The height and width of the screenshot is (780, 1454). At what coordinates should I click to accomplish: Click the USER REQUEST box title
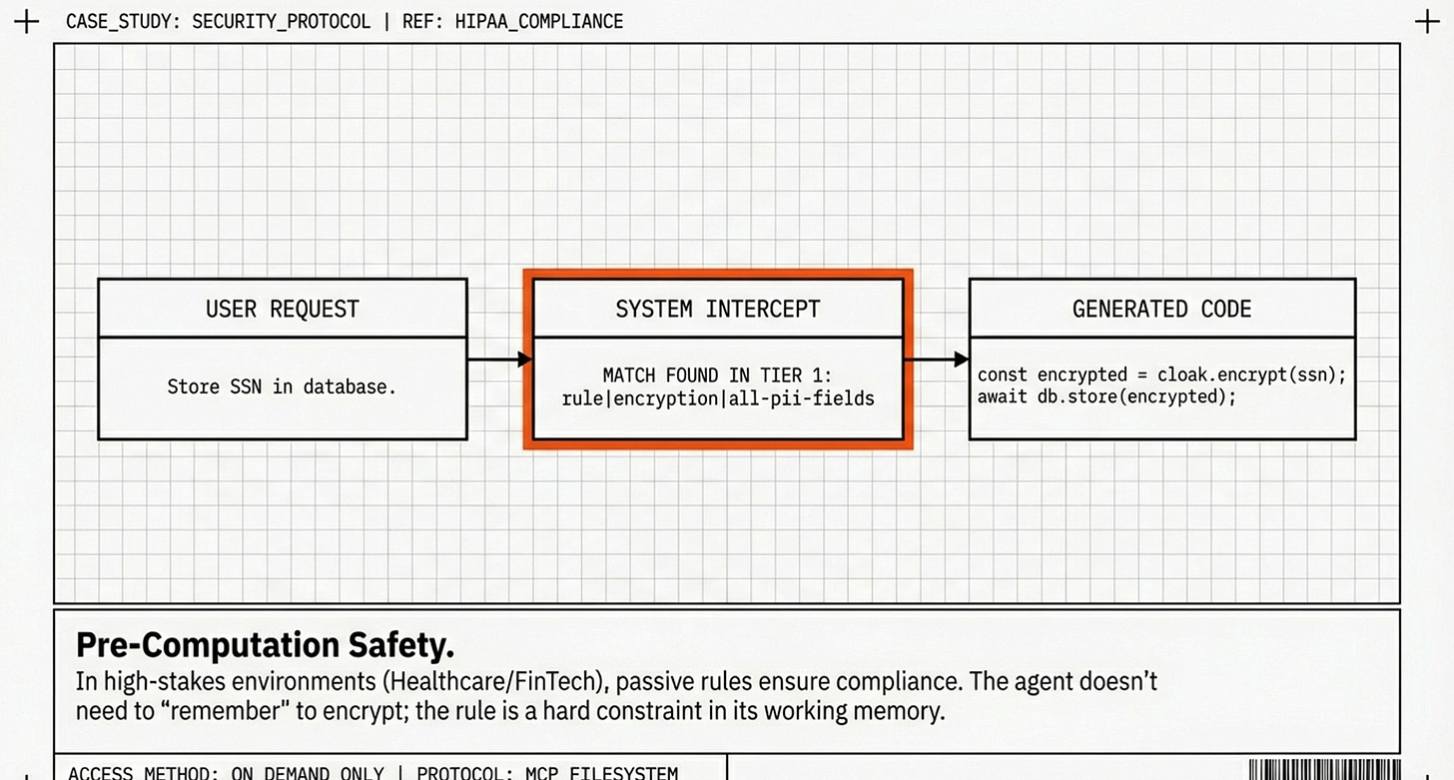tap(282, 309)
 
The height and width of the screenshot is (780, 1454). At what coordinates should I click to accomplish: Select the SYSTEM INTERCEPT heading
tap(717, 309)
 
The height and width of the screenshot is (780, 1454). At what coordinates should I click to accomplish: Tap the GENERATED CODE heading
tap(1161, 309)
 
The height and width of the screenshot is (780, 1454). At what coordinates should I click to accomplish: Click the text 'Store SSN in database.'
tap(282, 387)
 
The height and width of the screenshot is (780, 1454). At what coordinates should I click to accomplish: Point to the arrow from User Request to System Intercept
tap(499, 359)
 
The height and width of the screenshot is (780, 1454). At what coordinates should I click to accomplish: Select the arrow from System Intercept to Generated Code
tap(936, 359)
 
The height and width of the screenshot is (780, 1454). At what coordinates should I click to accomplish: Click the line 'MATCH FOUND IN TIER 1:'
tap(717, 376)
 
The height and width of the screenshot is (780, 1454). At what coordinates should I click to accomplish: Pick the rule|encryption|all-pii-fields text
tap(717, 398)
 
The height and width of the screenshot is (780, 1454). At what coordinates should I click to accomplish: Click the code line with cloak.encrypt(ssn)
tap(1161, 376)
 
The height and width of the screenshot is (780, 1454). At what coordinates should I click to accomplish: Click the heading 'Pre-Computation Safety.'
tap(265, 645)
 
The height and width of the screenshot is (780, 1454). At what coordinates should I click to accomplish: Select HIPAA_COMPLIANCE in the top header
tap(538, 21)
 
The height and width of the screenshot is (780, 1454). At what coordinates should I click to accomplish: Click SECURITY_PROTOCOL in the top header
tap(281, 21)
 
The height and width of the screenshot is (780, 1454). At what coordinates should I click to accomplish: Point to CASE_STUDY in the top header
tap(119, 21)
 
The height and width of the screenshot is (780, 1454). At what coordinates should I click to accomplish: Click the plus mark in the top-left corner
tap(27, 22)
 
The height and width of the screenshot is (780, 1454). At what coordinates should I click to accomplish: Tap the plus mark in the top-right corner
tap(1427, 22)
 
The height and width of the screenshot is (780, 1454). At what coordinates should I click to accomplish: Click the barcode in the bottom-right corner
tap(1322, 770)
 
